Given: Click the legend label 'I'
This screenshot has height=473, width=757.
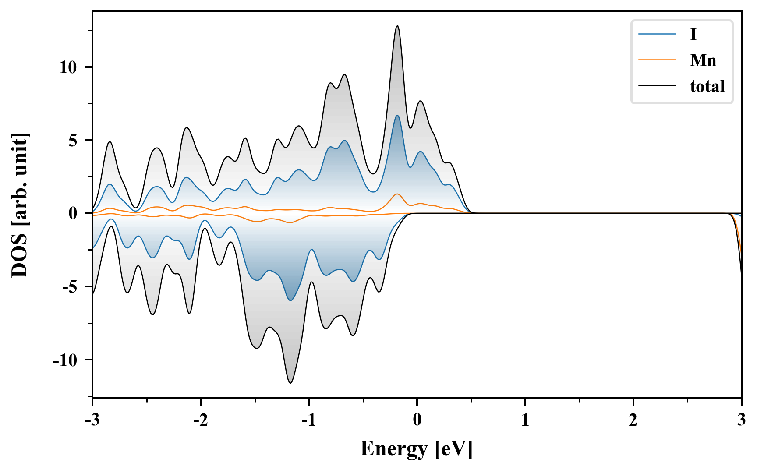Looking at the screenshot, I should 693,34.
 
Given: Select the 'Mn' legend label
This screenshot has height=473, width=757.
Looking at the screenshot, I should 703,60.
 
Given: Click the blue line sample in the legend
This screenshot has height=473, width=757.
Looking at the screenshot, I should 657,34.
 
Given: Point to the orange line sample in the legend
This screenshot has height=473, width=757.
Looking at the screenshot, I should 657,60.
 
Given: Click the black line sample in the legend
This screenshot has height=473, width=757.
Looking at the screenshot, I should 657,86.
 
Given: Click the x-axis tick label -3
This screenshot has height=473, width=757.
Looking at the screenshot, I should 92,420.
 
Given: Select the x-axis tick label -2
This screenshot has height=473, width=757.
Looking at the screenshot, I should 200,420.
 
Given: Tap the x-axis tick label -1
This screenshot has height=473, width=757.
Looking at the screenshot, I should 308,420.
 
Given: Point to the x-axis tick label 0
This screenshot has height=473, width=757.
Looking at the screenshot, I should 417,420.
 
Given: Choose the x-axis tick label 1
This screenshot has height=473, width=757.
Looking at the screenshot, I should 525,420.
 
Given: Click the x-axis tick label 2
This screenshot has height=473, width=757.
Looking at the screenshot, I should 633,420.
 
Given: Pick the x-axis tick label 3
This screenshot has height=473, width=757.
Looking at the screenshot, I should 741,420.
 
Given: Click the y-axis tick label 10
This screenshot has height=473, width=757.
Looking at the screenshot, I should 68,67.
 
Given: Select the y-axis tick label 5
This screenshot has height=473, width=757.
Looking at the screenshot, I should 73,141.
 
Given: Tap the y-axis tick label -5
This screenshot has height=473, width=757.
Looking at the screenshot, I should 70,287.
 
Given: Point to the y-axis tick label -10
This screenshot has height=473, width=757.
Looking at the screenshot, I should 65,360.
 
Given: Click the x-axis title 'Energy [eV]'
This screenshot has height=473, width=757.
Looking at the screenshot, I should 417,449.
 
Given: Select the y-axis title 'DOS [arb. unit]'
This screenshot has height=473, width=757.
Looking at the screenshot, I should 20,205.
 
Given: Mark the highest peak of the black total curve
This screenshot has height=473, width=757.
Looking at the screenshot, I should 397,26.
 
